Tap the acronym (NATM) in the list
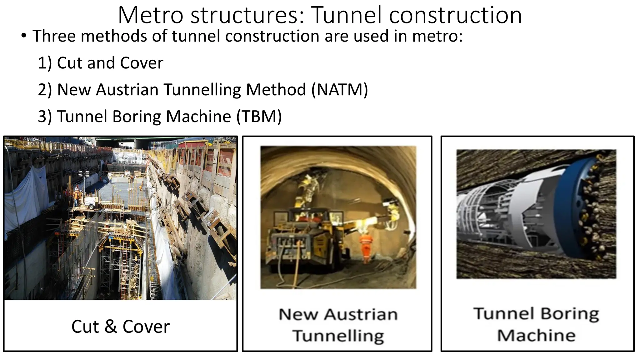(340, 90)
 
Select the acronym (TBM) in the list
(259, 117)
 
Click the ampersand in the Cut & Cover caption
(110, 327)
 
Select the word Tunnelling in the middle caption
(338, 336)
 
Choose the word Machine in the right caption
(536, 336)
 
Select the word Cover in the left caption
(146, 327)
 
